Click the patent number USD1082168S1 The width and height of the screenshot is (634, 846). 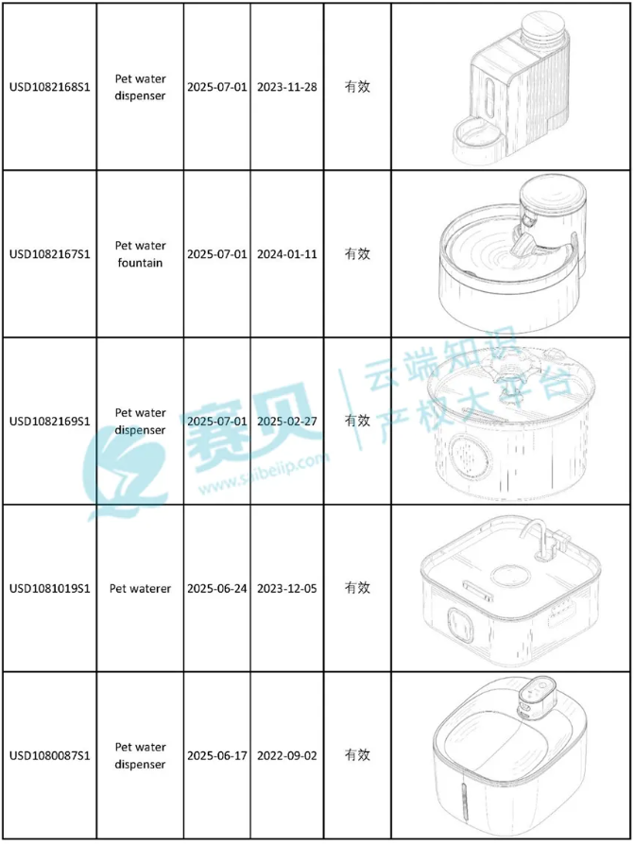tap(49, 87)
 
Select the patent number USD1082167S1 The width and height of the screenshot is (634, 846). tap(49, 254)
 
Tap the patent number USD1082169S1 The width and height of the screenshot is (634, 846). tap(49, 421)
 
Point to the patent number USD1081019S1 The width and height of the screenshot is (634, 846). tap(49, 588)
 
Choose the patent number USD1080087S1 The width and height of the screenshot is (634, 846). tap(49, 755)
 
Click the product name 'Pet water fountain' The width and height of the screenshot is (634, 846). tap(140, 254)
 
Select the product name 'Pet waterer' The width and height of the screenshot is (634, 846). tap(140, 588)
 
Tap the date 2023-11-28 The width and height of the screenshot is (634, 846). tap(287, 87)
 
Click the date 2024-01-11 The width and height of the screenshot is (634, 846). tap(287, 254)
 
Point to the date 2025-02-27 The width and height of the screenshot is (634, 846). tap(287, 421)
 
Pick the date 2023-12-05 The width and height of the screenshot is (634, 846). tap(287, 588)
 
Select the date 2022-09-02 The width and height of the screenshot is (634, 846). tap(287, 755)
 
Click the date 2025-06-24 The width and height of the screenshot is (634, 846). tap(217, 588)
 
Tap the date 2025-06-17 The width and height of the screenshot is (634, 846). tap(217, 755)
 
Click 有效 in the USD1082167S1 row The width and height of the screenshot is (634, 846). tap(357, 254)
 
